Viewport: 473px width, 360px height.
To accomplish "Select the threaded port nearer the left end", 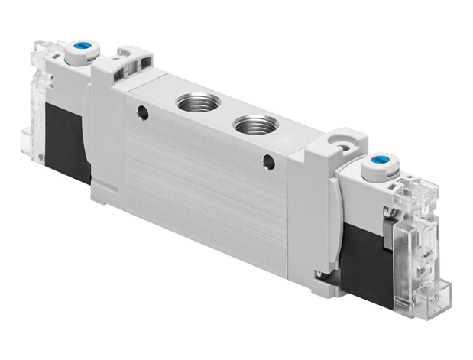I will click(189, 102).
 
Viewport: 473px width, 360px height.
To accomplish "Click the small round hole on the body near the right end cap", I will click(268, 161).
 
